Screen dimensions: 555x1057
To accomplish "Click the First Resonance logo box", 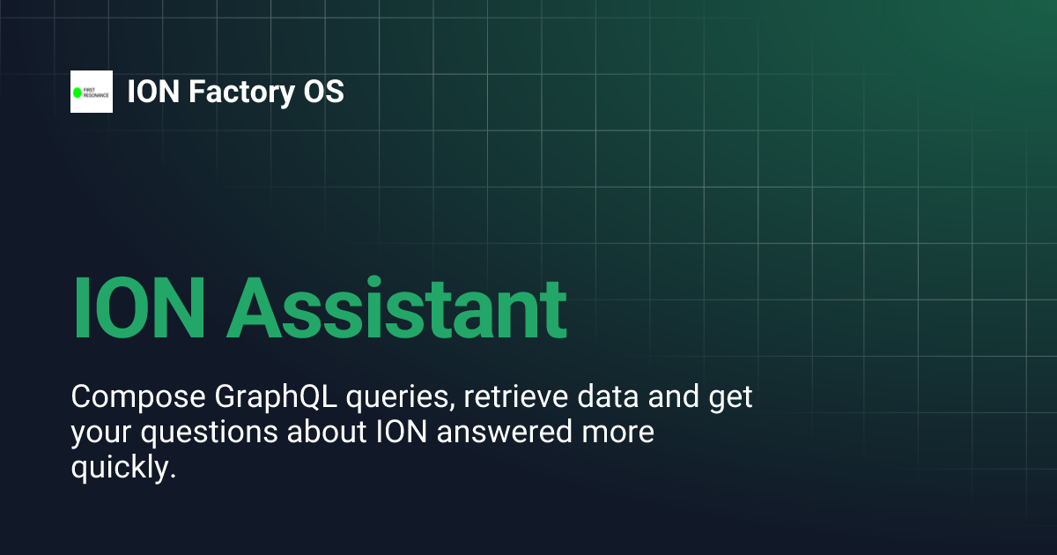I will tap(92, 92).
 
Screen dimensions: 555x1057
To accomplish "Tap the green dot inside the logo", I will tap(78, 92).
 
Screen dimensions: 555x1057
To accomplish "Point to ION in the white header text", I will tap(150, 92).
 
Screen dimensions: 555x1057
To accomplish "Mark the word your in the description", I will tap(99, 434).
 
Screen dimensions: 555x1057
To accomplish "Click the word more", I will tap(620, 434).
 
